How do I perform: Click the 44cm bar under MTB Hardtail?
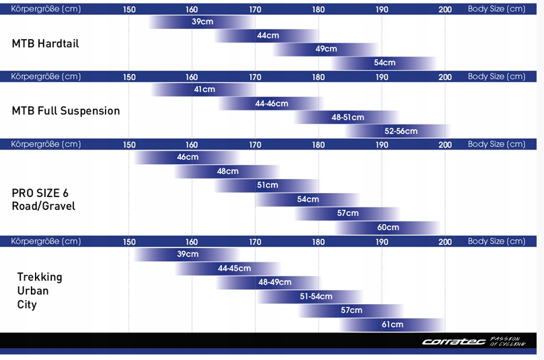(x=268, y=35)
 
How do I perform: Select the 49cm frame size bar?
(x=326, y=49)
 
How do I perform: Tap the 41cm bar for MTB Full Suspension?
(x=204, y=89)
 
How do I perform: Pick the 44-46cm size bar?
(x=272, y=104)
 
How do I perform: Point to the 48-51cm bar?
(x=348, y=117)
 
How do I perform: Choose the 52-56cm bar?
(x=400, y=131)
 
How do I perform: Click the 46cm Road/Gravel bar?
(x=188, y=157)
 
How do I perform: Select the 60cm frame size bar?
(x=388, y=227)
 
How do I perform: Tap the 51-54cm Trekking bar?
(x=312, y=296)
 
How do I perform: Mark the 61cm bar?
(x=392, y=324)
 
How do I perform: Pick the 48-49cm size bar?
(x=274, y=282)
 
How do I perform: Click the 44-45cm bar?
(x=234, y=268)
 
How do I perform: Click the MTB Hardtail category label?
(x=46, y=44)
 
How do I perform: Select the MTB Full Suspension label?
(x=66, y=111)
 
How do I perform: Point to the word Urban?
(x=33, y=291)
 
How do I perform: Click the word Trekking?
(x=40, y=277)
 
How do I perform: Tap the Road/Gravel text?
(x=44, y=207)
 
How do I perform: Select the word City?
(x=27, y=305)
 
